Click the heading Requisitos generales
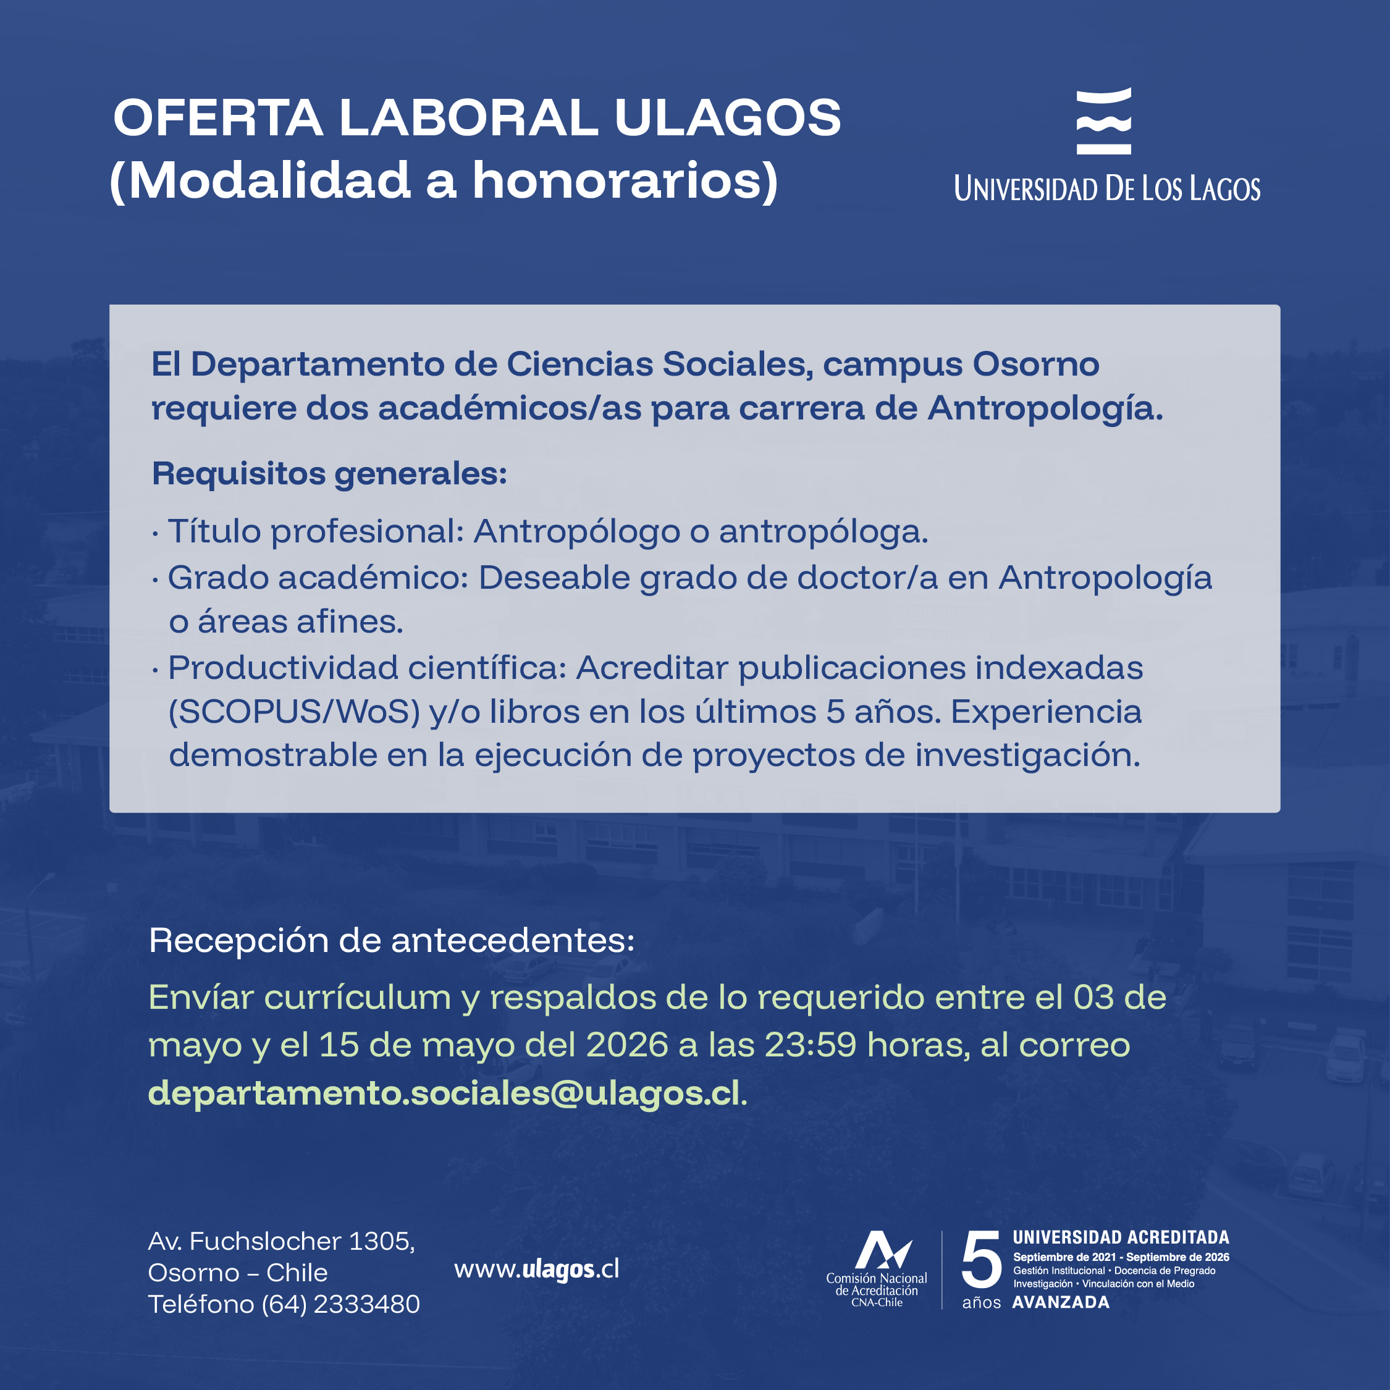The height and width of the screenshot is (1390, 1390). [329, 474]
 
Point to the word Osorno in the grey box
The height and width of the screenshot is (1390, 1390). [1035, 364]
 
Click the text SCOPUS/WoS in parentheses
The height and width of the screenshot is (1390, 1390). [294, 712]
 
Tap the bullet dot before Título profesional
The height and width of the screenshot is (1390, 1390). [156, 534]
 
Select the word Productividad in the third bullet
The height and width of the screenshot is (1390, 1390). [283, 668]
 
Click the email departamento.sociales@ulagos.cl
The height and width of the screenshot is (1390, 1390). [444, 1093]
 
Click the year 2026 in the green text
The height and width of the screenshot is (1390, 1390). [626, 1045]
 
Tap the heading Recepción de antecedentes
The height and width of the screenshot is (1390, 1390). [392, 940]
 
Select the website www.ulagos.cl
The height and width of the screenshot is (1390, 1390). [536, 1269]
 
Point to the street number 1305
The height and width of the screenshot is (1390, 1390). [381, 1241]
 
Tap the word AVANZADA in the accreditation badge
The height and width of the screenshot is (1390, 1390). [1061, 1302]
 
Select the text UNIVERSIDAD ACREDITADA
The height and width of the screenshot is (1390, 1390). [1121, 1237]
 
